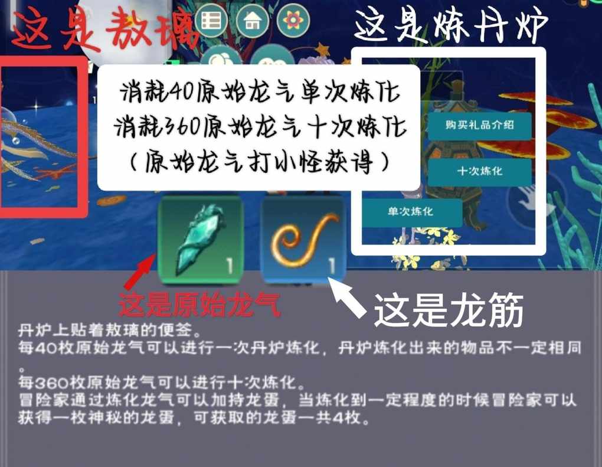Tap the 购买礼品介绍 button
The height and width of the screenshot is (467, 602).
[x=479, y=125]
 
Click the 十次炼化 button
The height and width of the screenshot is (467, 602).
[x=479, y=171]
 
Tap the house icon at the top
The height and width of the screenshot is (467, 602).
[x=252, y=20]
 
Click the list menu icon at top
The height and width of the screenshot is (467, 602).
[x=211, y=20]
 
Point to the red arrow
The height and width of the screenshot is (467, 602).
[x=139, y=273]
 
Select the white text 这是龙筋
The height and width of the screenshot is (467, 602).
[x=449, y=310]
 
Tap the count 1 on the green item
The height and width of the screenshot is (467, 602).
[x=229, y=265]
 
